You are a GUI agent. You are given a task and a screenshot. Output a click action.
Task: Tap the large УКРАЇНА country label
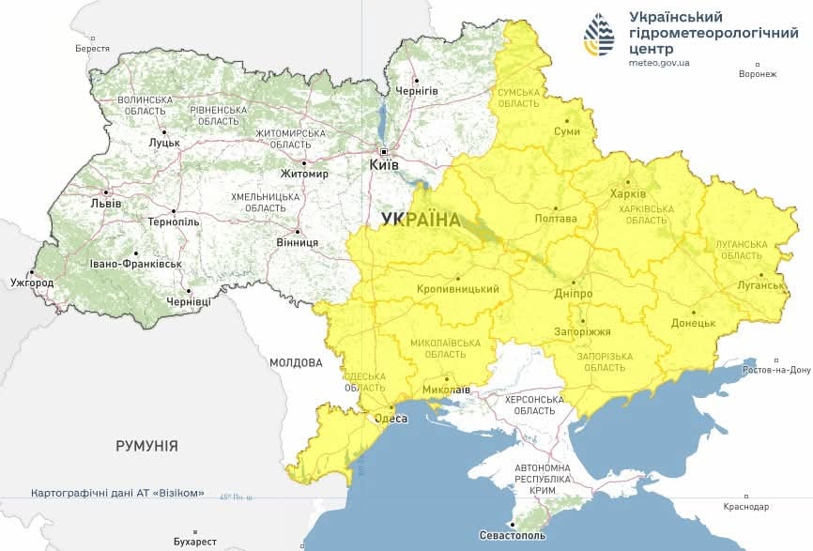[x=422, y=220]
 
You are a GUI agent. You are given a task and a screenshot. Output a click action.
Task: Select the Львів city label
[x=105, y=203]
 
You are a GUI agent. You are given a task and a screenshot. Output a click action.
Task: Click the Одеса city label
[x=391, y=419]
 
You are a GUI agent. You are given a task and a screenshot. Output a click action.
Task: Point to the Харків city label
[x=628, y=193]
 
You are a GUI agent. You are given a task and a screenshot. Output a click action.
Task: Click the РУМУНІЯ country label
[x=146, y=446]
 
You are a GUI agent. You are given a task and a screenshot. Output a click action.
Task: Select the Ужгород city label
[x=32, y=282]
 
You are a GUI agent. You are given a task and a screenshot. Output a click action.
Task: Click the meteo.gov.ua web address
[x=660, y=63]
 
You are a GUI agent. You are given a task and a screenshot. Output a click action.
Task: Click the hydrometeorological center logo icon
[x=599, y=36]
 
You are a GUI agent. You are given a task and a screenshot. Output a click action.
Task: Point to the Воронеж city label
[x=758, y=74]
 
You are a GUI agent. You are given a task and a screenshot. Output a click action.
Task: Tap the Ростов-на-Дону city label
[x=775, y=370]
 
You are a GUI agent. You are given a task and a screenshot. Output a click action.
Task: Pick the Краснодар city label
[x=746, y=507]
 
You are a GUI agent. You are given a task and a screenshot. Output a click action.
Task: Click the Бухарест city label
[x=195, y=542]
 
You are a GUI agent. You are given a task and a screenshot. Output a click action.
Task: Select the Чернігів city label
[x=417, y=90]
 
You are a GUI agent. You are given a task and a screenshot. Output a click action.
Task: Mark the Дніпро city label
[x=574, y=293]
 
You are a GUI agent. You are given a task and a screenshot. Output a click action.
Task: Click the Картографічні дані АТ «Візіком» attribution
[x=117, y=493]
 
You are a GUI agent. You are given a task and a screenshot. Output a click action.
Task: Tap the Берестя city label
[x=92, y=48]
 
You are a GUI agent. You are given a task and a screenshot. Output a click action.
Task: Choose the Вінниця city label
[x=298, y=242]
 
